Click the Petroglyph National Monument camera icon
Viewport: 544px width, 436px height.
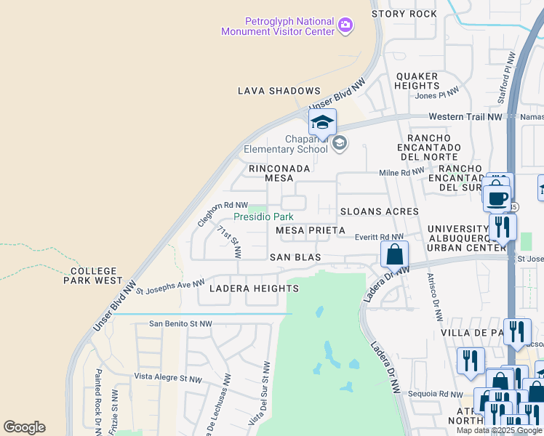pos(345,25)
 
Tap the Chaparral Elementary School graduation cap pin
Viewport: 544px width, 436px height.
pos(322,122)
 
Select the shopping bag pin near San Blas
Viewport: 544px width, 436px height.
pos(394,254)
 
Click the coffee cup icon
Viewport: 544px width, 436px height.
pos(497,198)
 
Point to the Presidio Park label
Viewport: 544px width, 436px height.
pos(263,217)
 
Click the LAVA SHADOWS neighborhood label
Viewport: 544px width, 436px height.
pos(279,91)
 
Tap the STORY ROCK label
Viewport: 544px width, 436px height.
pos(404,14)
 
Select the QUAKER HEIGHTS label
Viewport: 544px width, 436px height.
pos(417,81)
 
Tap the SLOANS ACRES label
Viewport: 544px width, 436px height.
pos(379,211)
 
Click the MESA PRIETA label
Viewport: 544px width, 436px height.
pos(310,230)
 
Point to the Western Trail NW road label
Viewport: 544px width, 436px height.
pos(465,116)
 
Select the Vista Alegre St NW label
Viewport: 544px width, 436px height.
pos(167,379)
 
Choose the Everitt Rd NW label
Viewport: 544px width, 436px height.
pos(379,237)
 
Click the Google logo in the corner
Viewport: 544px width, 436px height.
pos(24,427)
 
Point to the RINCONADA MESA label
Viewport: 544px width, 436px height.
pos(279,174)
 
